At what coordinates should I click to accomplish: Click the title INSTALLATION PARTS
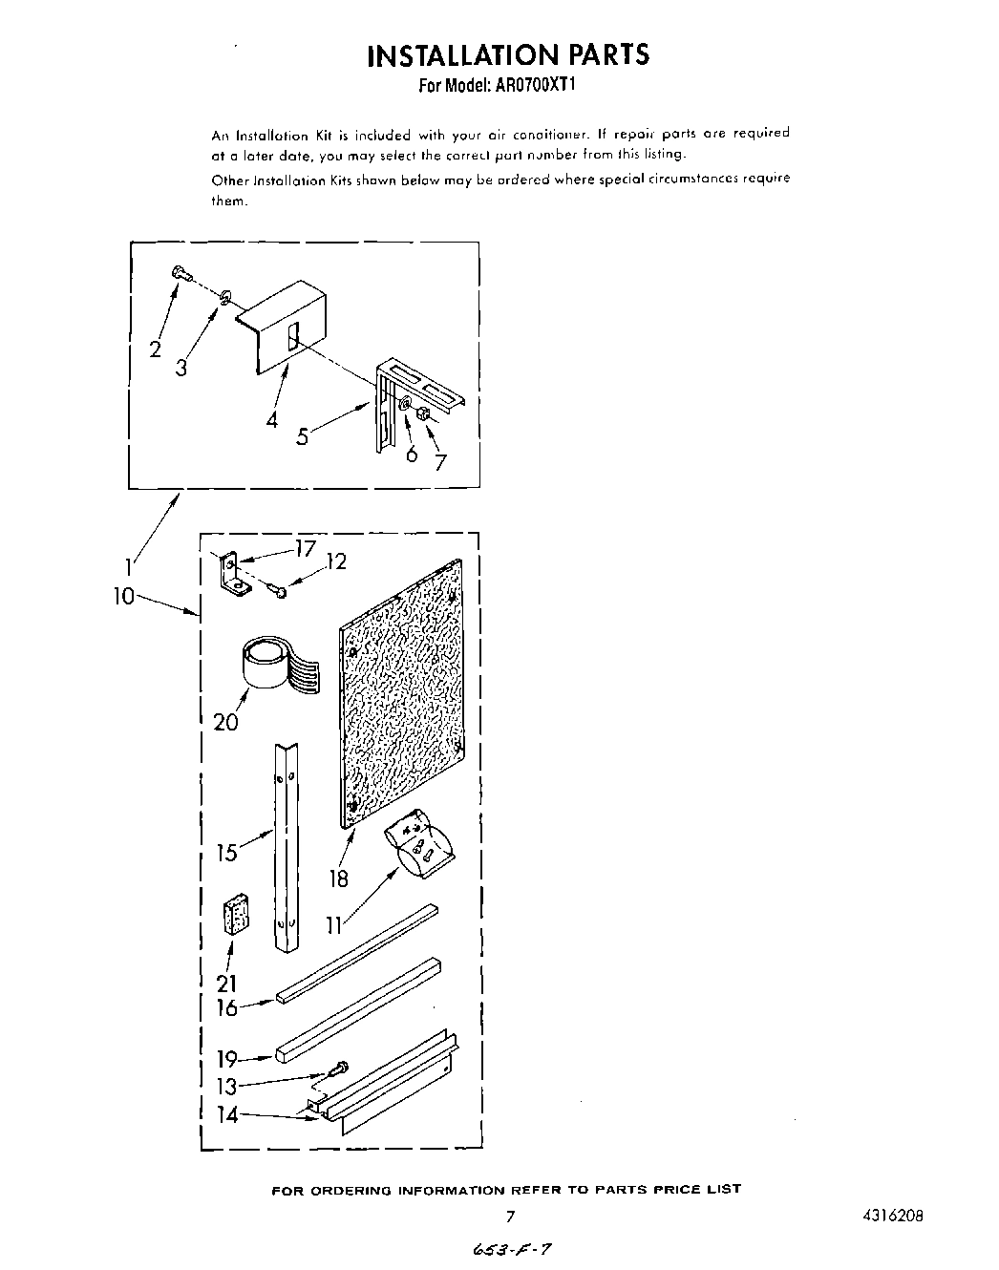point(507,54)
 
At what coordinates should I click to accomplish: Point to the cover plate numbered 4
point(283,326)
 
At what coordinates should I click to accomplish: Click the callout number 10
point(123,597)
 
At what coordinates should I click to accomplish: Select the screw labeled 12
point(278,592)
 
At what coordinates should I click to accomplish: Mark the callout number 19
point(227,1058)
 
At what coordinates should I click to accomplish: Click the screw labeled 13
point(338,1069)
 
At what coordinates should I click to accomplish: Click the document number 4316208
point(895,1217)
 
